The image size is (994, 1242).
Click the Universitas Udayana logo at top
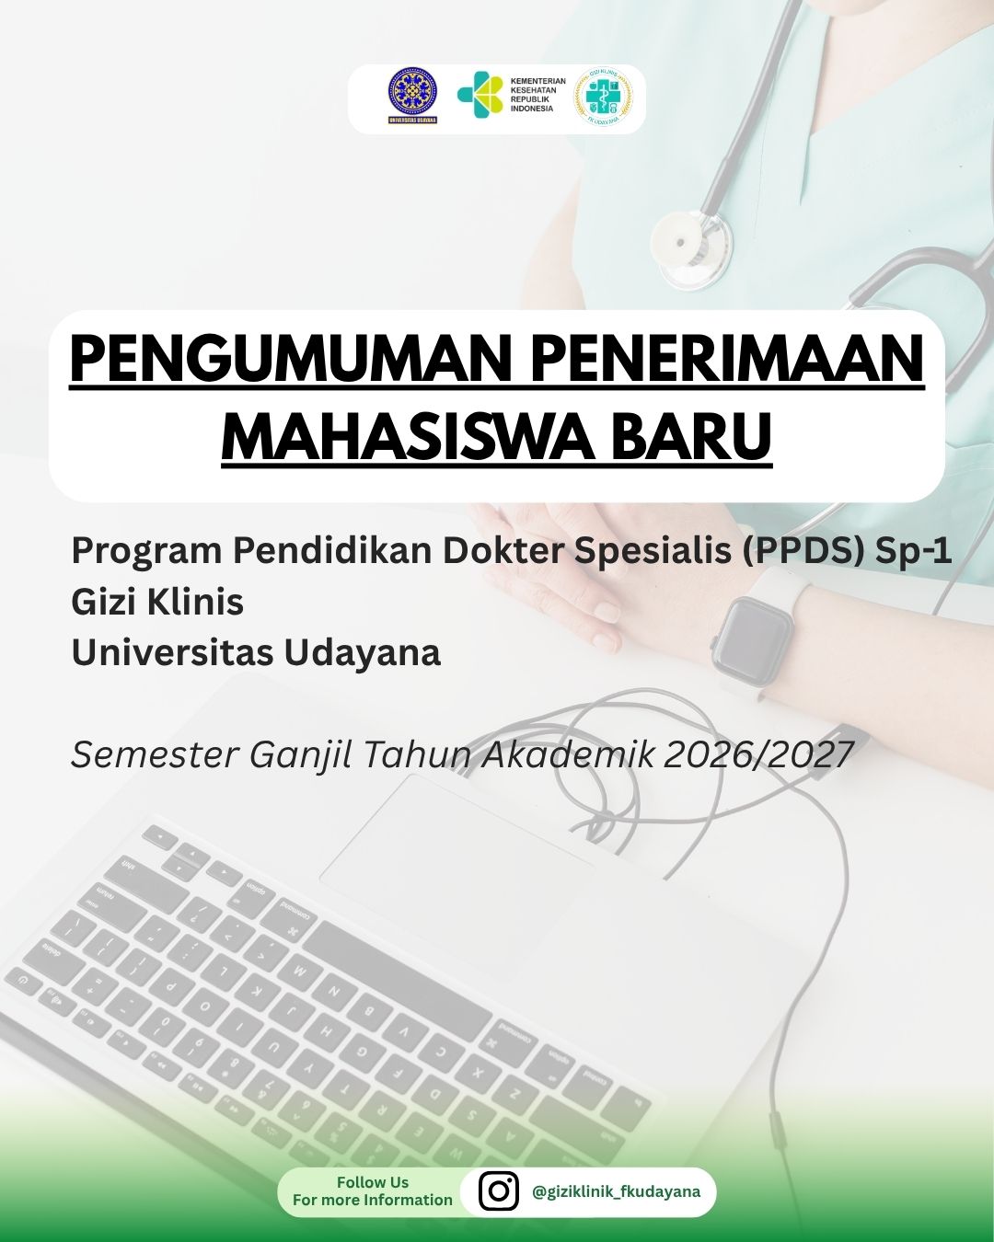pyautogui.click(x=412, y=96)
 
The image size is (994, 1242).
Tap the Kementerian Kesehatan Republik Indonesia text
pyautogui.click(x=537, y=95)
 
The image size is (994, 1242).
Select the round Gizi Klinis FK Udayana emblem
pyautogui.click(x=603, y=97)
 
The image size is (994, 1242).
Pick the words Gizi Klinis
pyautogui.click(x=157, y=602)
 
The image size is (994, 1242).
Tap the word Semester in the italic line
pyautogui.click(x=155, y=754)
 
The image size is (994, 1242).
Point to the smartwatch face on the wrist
pyautogui.click(x=752, y=639)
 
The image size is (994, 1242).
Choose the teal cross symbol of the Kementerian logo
pyautogui.click(x=480, y=95)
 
